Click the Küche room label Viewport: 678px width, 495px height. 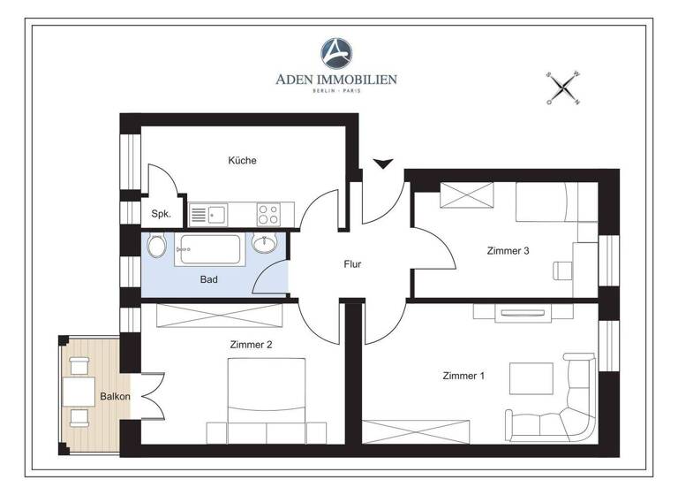[242, 161]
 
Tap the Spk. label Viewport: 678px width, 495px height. [161, 214]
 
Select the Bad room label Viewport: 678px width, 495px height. [208, 279]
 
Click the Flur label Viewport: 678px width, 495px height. [352, 263]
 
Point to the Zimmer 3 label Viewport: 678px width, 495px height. [508, 251]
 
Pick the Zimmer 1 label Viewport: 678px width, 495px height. [463, 377]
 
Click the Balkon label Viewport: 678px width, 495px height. [115, 396]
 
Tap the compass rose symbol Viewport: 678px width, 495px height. [562, 88]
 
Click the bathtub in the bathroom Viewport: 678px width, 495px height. [211, 249]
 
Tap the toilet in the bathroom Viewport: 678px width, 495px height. [156, 246]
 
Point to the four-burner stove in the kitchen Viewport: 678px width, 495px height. [267, 213]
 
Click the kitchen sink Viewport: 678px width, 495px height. [208, 213]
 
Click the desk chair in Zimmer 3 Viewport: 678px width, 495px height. [562, 269]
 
